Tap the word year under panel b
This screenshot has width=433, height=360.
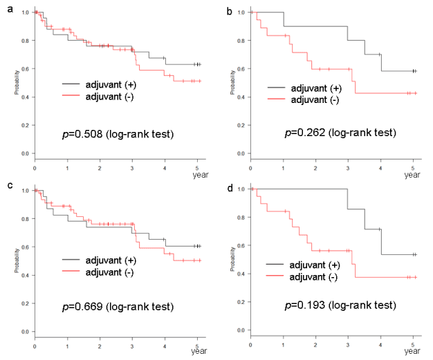click(412, 175)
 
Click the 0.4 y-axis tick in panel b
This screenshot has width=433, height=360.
click(241, 97)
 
